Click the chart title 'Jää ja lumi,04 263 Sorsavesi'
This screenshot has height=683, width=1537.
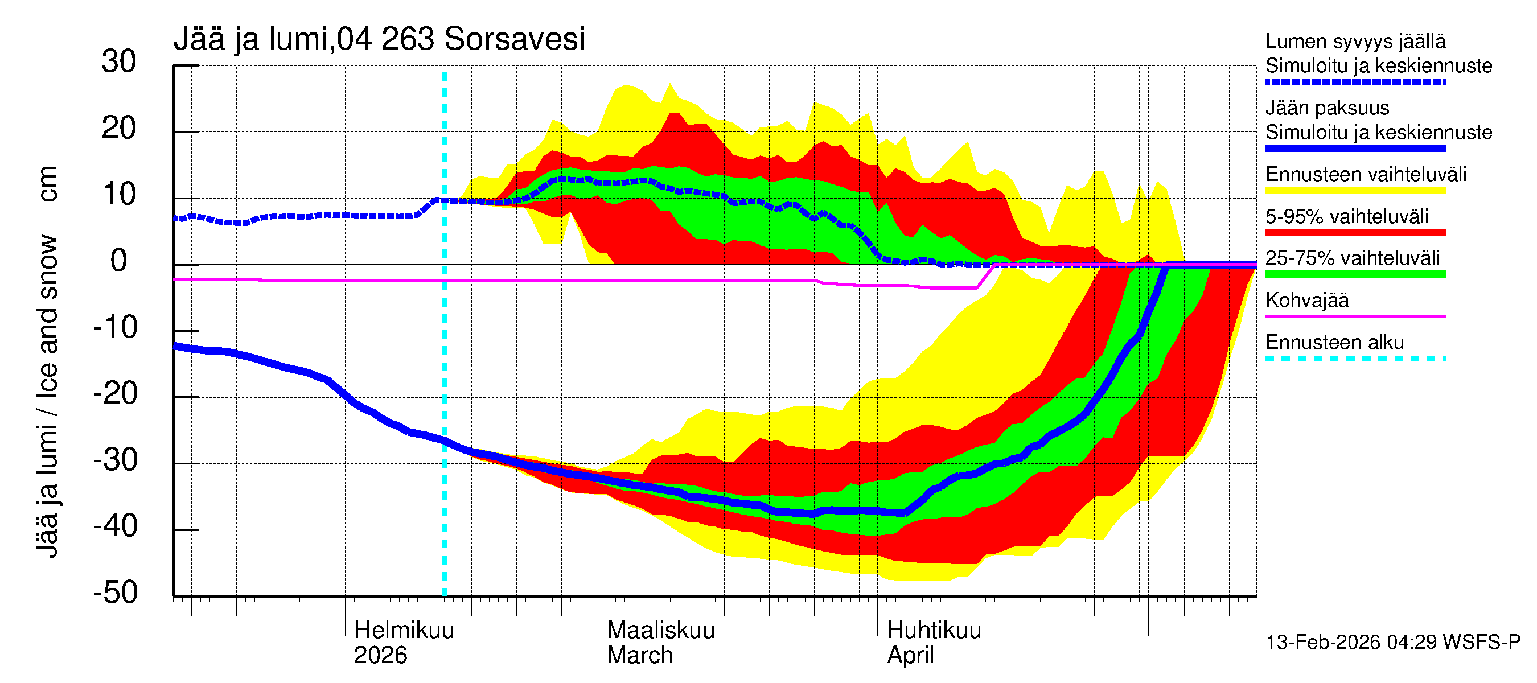[x=379, y=39]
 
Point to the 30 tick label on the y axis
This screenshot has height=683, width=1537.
[x=119, y=62]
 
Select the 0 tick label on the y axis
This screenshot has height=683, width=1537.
[x=119, y=261]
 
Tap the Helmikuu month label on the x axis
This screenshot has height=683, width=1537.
[x=404, y=631]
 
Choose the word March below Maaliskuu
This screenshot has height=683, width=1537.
[x=640, y=656]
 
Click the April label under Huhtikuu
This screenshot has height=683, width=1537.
[x=910, y=656]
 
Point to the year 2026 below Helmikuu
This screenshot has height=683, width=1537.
[x=380, y=656]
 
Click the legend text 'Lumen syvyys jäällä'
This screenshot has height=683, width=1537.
[x=1355, y=41]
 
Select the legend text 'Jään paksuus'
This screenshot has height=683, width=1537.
[x=1328, y=108]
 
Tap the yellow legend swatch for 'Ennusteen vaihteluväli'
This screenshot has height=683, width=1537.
[x=1355, y=190]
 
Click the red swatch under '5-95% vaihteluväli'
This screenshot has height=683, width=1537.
[x=1355, y=233]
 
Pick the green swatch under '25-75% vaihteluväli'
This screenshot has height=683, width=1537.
[x=1355, y=274]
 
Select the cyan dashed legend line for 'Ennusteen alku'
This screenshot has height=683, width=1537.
[x=1355, y=359]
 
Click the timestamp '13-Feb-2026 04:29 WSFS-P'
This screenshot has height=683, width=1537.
[x=1392, y=643]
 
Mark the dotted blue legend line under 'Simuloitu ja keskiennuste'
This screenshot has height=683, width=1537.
[x=1355, y=82]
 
